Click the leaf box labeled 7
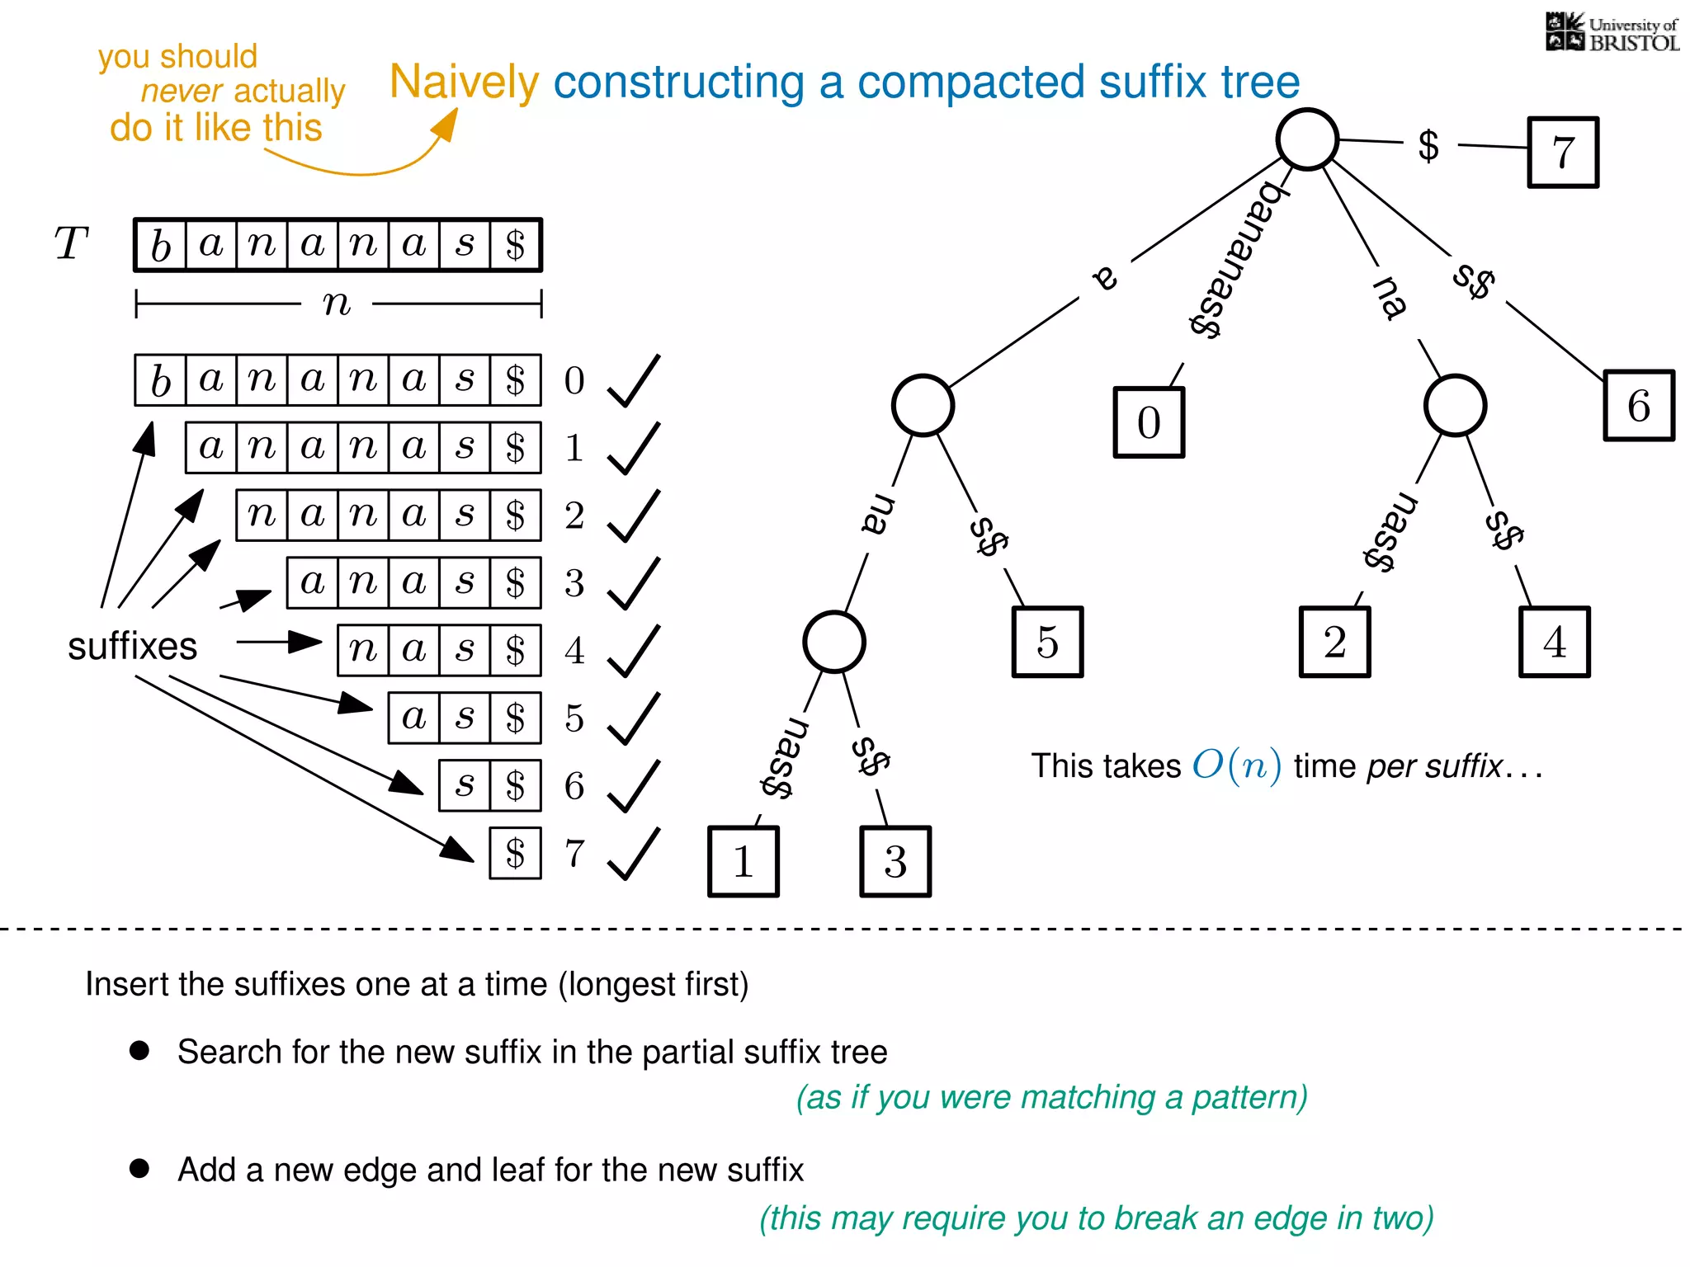click(1563, 153)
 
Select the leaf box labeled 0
click(1149, 422)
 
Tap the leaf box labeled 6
click(1639, 406)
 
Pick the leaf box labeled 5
click(1047, 643)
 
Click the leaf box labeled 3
click(895, 862)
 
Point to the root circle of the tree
click(1307, 139)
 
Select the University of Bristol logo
click(1612, 33)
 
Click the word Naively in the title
click(464, 82)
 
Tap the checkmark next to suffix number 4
click(634, 651)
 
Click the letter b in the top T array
click(161, 245)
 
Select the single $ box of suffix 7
click(515, 854)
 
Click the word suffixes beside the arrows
click(132, 646)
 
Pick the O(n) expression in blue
click(1236, 765)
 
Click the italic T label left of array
click(71, 244)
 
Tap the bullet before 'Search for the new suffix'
click(139, 1050)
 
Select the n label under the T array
click(337, 304)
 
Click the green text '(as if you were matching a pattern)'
click(1051, 1098)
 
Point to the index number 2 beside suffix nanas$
click(574, 516)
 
